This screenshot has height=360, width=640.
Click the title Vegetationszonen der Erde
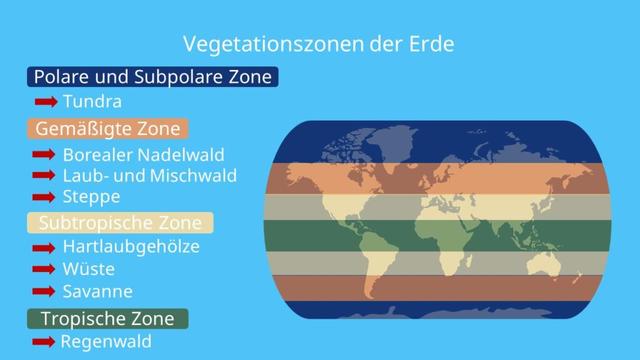[x=319, y=44]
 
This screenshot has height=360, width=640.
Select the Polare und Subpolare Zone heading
[x=152, y=77]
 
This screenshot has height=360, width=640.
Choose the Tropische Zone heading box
[x=107, y=318]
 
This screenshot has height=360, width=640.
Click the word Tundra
[x=92, y=102]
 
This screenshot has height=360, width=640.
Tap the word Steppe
[x=91, y=196]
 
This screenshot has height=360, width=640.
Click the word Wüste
[x=88, y=269]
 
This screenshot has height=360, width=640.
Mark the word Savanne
[x=97, y=291]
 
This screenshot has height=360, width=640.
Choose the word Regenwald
[x=106, y=342]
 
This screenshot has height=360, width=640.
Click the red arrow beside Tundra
[x=45, y=102]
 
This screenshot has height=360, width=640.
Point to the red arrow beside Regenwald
[x=43, y=342]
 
